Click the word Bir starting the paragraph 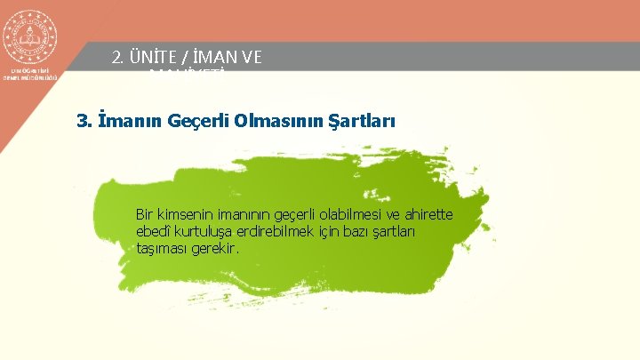coord(145,214)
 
